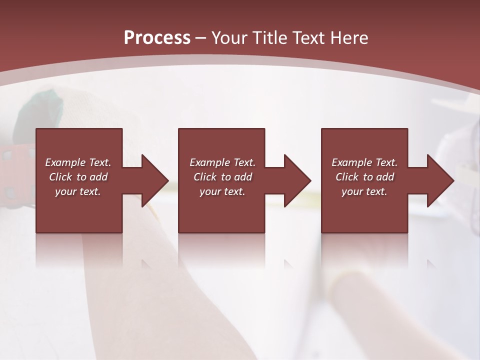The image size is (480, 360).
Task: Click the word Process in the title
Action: (x=157, y=38)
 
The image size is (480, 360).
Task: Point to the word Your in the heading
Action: (x=230, y=38)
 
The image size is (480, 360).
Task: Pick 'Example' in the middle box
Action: (x=208, y=162)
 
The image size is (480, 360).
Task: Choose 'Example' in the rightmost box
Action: (x=350, y=162)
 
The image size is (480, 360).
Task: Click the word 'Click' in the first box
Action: (x=60, y=177)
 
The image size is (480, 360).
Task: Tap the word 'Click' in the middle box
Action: (x=205, y=177)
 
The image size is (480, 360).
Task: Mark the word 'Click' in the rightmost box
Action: (x=347, y=177)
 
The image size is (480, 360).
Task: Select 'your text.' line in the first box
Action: (x=78, y=191)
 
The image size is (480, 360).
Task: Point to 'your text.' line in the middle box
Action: (x=222, y=191)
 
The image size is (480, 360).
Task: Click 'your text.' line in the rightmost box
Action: (x=364, y=191)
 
